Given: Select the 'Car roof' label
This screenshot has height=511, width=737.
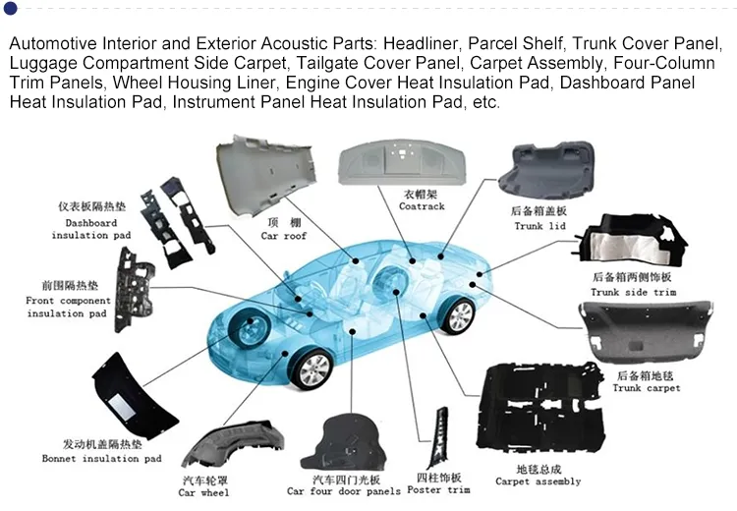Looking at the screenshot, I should tap(283, 236).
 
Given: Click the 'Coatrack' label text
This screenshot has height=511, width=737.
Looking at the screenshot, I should tap(422, 206).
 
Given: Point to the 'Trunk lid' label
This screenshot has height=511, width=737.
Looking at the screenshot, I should tap(541, 226).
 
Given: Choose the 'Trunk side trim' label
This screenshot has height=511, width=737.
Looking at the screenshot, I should tap(633, 292).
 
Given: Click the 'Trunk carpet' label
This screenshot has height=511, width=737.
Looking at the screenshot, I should tap(646, 387).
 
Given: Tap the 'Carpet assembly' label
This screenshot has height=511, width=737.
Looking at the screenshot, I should tap(538, 482).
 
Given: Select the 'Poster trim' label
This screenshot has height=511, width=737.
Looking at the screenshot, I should tap(437, 489).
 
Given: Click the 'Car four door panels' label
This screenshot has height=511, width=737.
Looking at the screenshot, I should tap(343, 491).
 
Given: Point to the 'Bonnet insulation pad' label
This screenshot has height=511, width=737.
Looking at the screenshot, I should tap(101, 459).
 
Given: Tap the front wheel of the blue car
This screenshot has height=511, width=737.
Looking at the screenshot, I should tap(313, 370).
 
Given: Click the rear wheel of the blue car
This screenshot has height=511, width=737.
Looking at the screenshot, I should tap(458, 315).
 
